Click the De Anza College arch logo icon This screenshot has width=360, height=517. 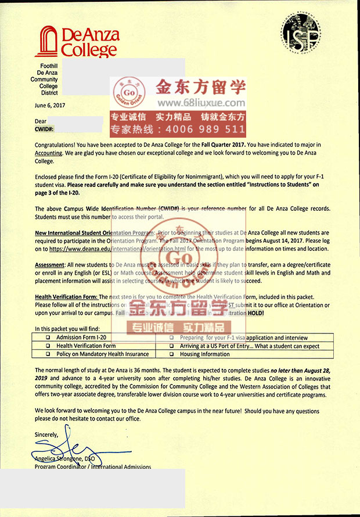47,42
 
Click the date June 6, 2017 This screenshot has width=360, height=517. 51,105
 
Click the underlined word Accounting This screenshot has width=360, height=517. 49,153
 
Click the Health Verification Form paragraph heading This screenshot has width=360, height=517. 66,296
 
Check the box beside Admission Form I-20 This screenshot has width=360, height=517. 48,338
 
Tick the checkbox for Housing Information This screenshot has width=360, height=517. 172,354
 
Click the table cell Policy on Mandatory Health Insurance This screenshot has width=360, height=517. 103,354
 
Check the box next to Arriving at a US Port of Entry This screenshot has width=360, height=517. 172,346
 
